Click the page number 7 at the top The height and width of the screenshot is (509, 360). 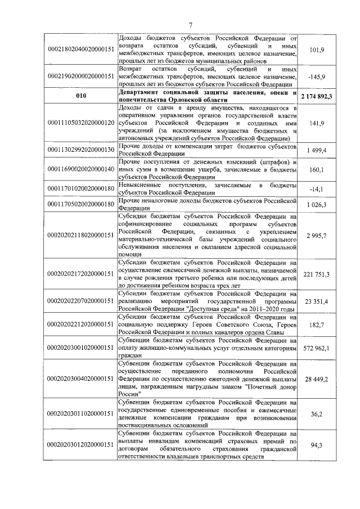pos(191,24)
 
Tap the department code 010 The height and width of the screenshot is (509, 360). pos(80,96)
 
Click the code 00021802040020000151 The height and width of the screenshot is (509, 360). pos(80,49)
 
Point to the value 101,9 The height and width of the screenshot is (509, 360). pos(318,49)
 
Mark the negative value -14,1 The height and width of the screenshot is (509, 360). pos(318,190)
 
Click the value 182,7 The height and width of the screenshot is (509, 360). pos(318,326)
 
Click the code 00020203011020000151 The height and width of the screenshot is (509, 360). pos(80,413)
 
